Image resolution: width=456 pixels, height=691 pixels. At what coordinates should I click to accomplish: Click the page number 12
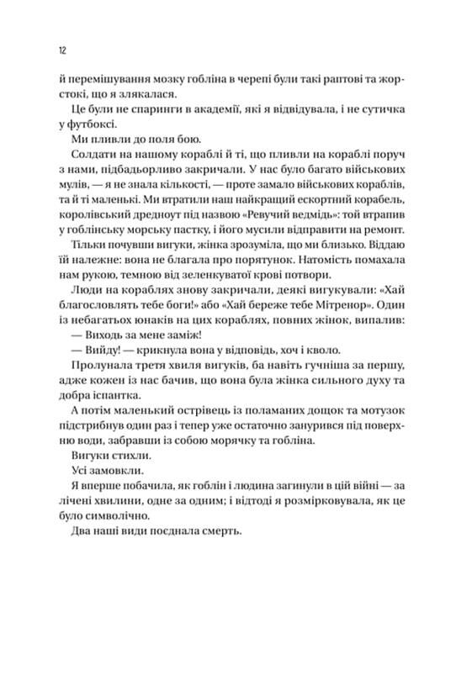tap(63, 50)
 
